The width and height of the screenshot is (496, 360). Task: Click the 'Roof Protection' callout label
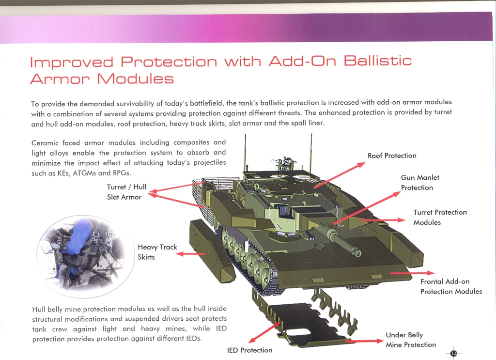pyautogui.click(x=392, y=156)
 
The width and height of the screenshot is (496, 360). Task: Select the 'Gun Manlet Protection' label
pyautogui.click(x=420, y=183)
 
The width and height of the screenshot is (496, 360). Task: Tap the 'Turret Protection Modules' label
pyautogui.click(x=440, y=217)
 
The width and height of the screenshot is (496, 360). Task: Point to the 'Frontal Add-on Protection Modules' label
pyautogui.click(x=451, y=286)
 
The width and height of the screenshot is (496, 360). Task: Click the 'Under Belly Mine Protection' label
pyautogui.click(x=411, y=340)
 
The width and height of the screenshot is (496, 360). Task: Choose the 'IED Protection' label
pyautogui.click(x=249, y=350)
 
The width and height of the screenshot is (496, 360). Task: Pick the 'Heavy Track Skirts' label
pyautogui.click(x=157, y=252)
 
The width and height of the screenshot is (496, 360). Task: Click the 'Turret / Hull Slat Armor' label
pyautogui.click(x=126, y=192)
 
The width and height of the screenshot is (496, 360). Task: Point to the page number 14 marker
pyautogui.click(x=453, y=353)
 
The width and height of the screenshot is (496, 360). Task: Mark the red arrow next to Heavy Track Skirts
pyautogui.click(x=190, y=253)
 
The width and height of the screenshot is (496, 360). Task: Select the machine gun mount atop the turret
pyautogui.click(x=286, y=163)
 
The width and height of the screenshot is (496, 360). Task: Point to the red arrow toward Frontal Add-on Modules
pyautogui.click(x=411, y=274)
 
